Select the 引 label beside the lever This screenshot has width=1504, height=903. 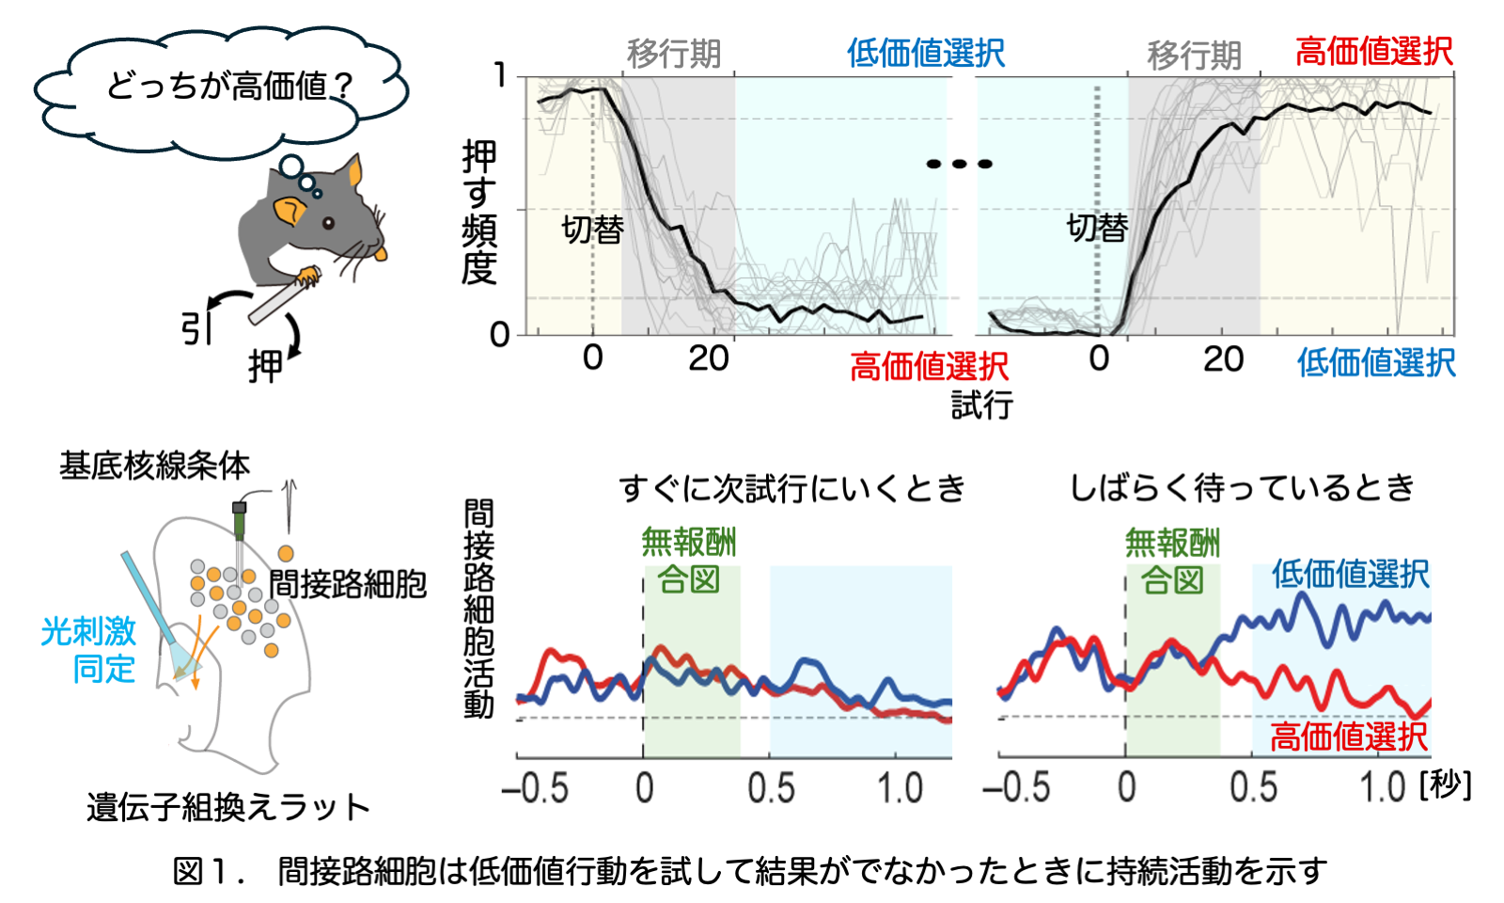(196, 328)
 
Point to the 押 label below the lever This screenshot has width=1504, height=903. (265, 367)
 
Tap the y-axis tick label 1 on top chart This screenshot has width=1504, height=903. (501, 75)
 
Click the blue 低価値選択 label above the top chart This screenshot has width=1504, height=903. (925, 53)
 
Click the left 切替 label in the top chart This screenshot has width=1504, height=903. (592, 229)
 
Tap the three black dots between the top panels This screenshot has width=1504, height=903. (959, 164)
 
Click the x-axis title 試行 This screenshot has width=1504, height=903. (981, 405)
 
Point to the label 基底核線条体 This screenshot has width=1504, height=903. (154, 465)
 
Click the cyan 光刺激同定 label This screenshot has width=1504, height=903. (89, 649)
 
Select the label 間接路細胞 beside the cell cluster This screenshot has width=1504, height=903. (348, 584)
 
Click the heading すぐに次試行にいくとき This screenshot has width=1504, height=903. (791, 488)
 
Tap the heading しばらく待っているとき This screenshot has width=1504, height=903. (1242, 487)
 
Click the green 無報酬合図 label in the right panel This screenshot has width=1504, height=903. (1172, 562)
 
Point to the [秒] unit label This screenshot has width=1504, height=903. (1445, 784)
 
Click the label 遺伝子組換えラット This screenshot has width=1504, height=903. (228, 807)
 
